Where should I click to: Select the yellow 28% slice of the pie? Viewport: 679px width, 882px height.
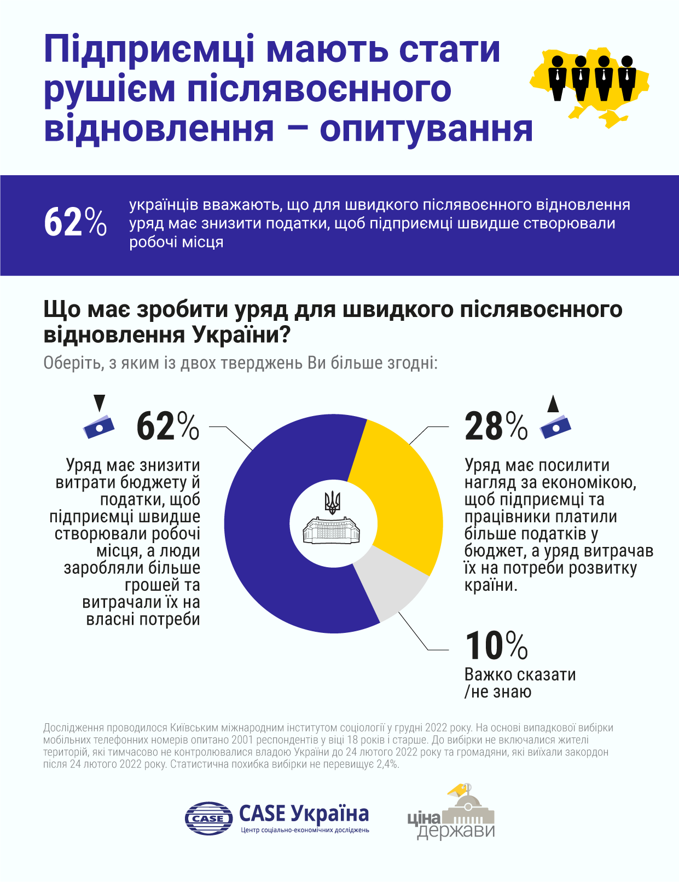coord(399,493)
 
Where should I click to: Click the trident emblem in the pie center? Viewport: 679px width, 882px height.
coord(333,501)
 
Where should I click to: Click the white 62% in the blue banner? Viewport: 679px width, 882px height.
coord(75,223)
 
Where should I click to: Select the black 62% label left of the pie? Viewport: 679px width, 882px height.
coord(167,426)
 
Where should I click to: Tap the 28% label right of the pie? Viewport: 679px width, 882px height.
coord(496,426)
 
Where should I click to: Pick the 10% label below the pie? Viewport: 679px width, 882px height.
coord(496,646)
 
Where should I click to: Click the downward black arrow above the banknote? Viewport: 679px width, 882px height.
coord(99,403)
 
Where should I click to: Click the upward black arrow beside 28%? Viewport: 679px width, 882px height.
coord(553,404)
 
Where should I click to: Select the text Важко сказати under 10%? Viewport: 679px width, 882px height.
coord(520,675)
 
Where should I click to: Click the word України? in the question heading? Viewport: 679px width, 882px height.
coord(241,335)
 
